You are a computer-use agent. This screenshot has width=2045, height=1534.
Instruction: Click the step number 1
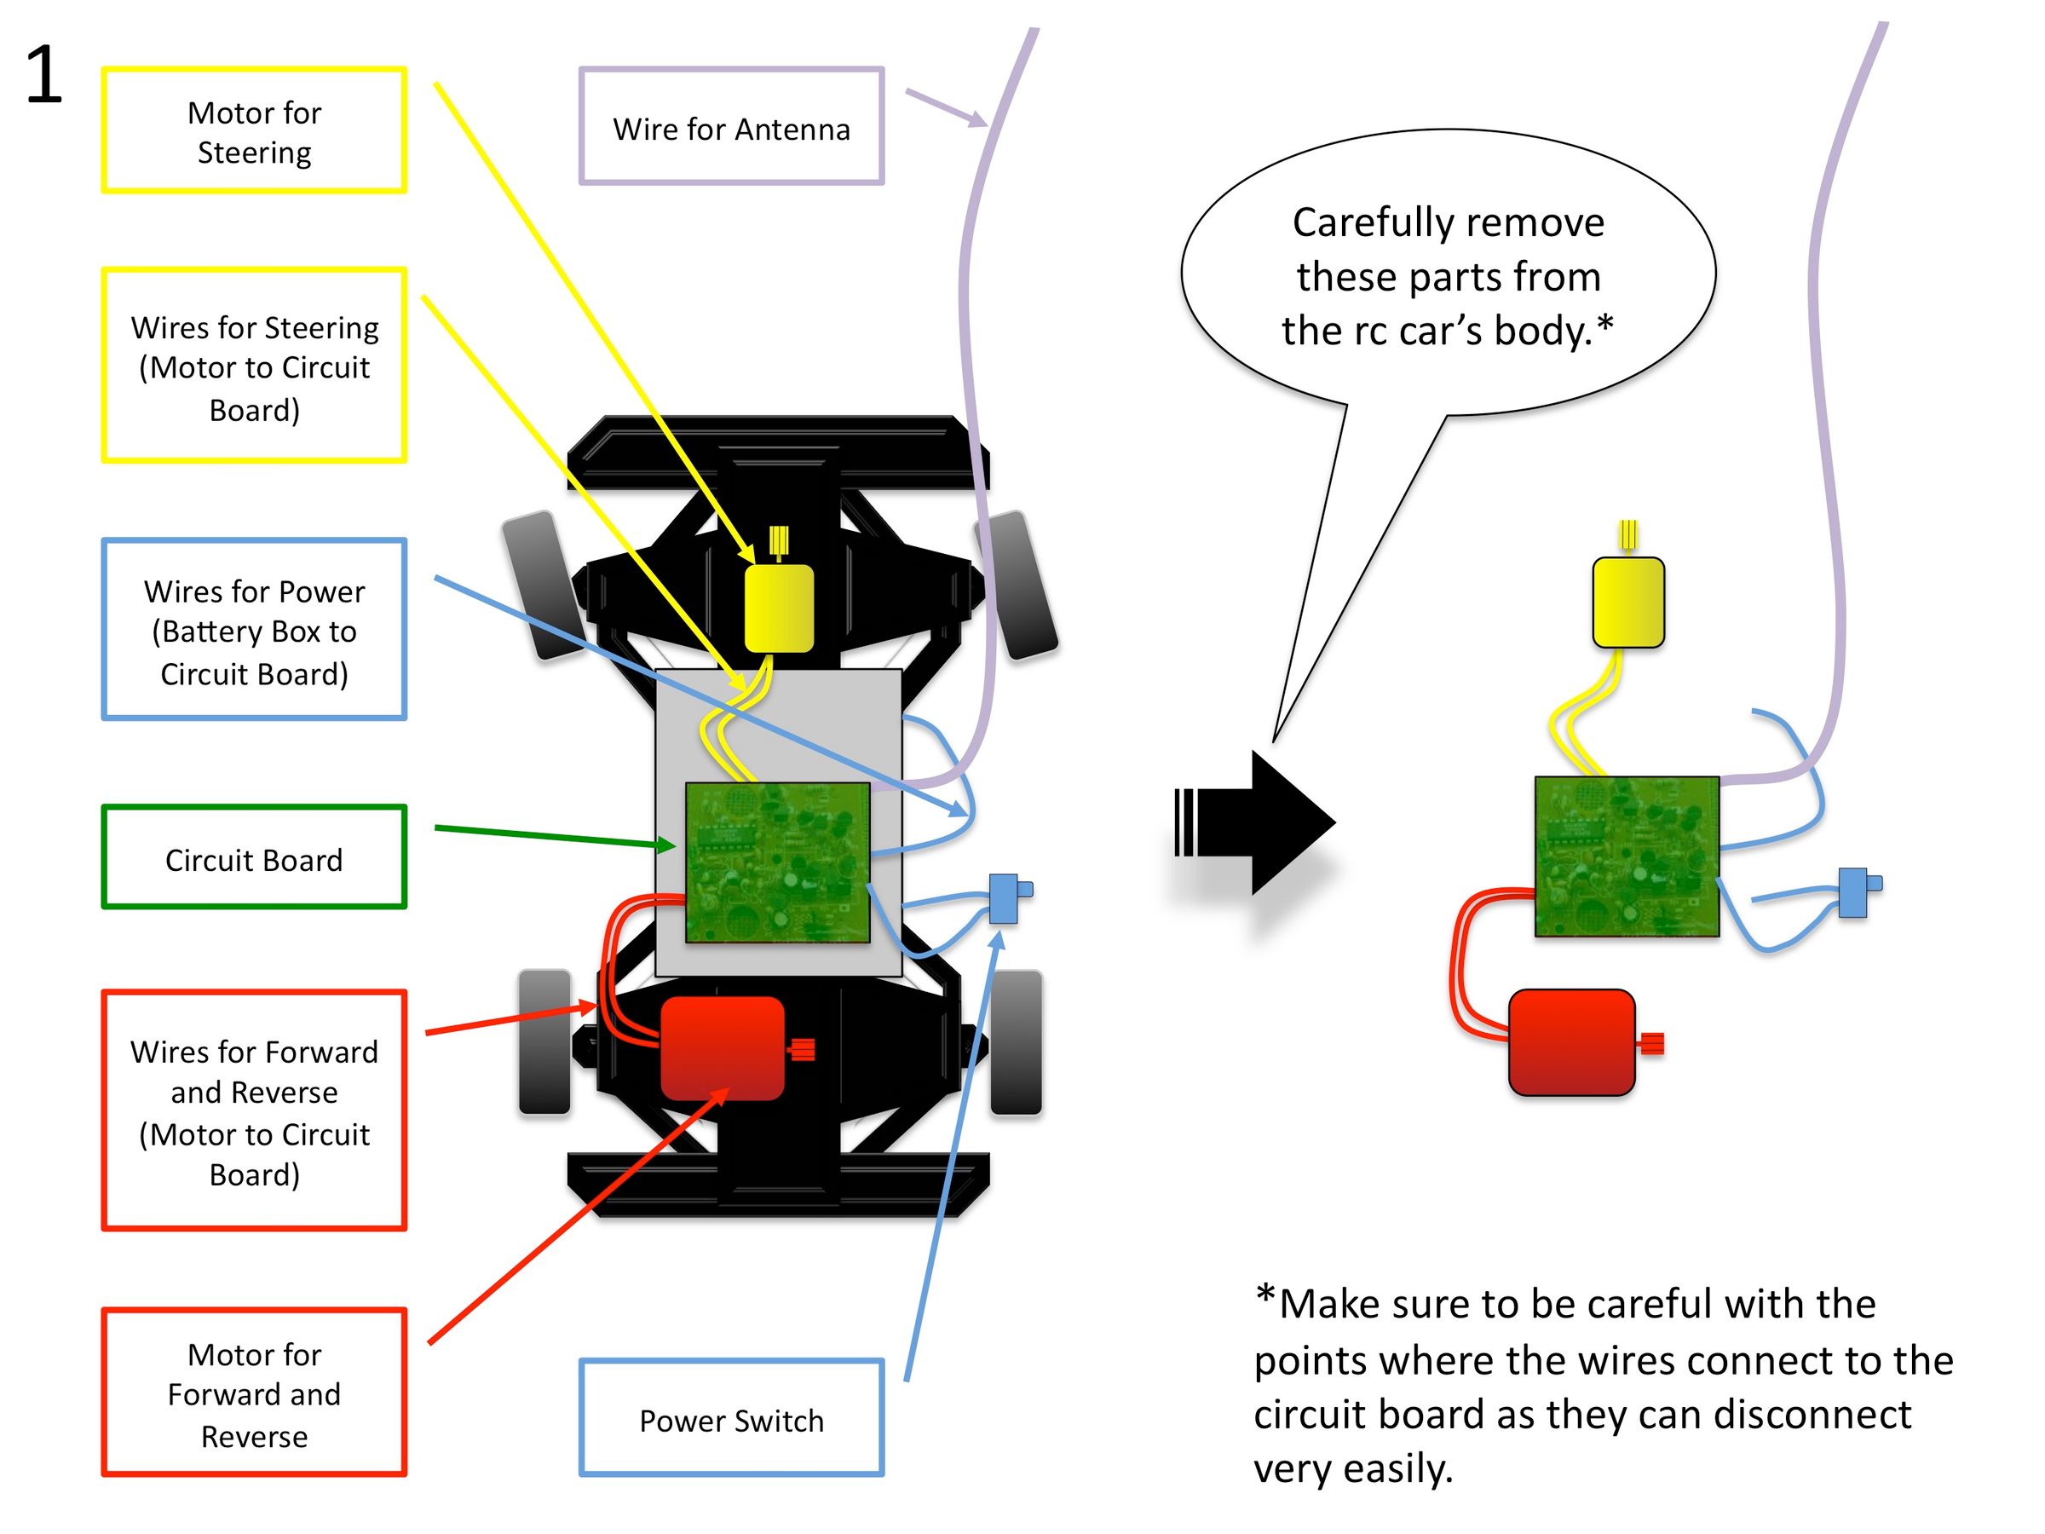43,76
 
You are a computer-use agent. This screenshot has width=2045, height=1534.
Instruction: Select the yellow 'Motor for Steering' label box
254,130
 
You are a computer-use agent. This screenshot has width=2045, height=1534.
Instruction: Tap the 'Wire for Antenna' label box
731,127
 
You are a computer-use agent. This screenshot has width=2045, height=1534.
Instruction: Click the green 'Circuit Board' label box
254,857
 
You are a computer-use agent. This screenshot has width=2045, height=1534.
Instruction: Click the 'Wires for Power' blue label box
254,630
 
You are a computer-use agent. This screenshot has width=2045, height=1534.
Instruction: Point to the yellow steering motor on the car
780,607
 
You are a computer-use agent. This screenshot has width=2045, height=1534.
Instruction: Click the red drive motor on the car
722,1047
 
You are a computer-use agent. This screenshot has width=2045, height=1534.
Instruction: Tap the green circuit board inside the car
777,862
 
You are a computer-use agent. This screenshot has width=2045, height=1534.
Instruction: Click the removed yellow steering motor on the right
1628,601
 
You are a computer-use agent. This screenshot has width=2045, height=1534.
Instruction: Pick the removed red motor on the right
1571,1041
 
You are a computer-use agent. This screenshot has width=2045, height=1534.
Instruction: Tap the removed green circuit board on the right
1626,856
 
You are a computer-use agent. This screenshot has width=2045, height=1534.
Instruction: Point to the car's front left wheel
543,585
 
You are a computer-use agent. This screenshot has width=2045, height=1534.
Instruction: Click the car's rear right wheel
1016,1041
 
